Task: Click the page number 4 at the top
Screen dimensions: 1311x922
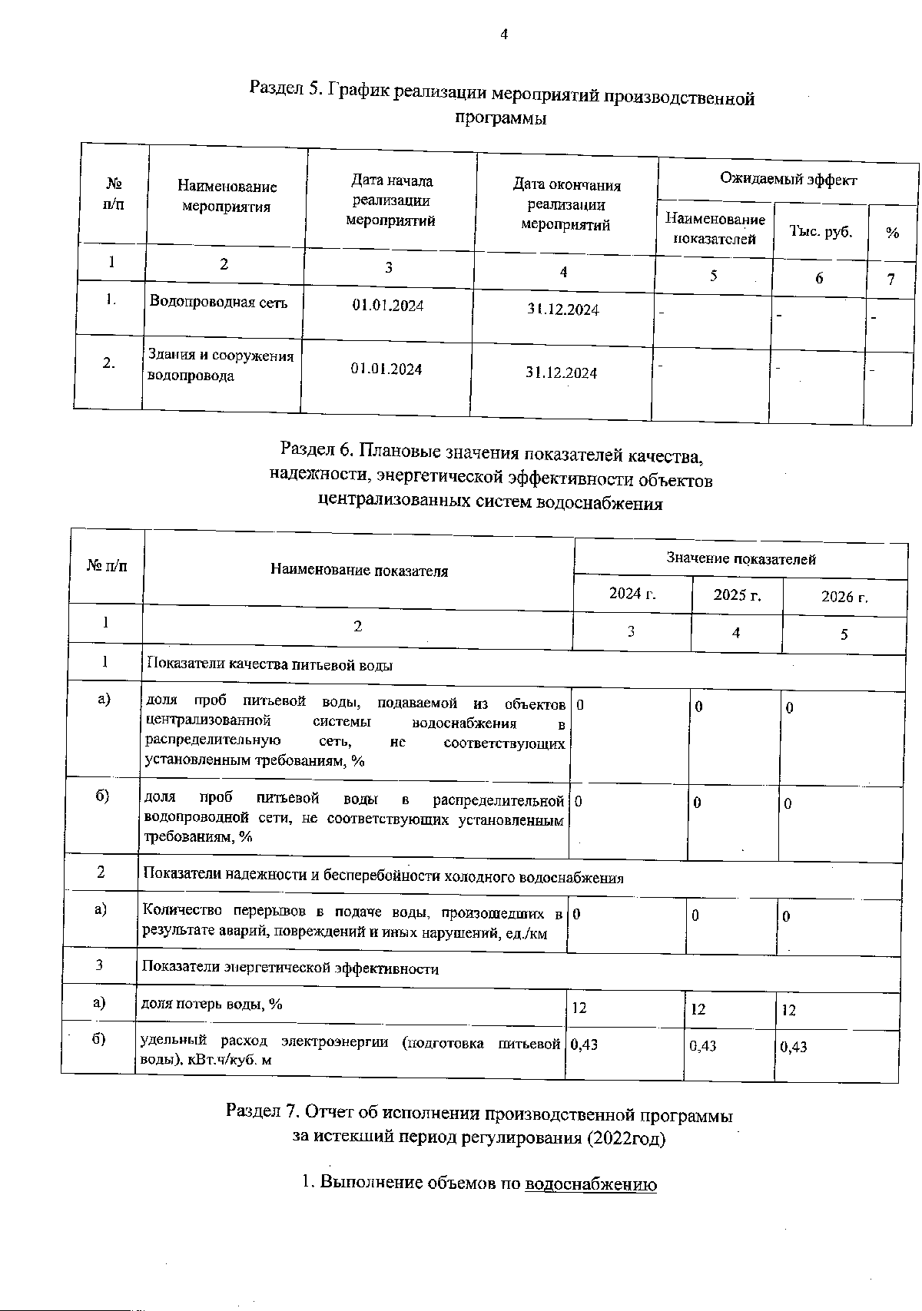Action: [x=504, y=34]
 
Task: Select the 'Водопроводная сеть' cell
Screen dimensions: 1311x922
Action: [x=218, y=302]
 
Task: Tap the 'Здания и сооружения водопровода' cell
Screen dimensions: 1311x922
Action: [x=221, y=366]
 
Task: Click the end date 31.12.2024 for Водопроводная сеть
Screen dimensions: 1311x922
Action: [x=563, y=310]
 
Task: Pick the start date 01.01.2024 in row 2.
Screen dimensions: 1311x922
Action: [x=386, y=369]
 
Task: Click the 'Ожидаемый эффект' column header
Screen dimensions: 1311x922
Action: [x=788, y=179]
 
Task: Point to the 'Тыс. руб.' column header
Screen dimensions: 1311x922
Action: [x=820, y=230]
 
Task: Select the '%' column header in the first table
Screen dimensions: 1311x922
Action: [x=892, y=233]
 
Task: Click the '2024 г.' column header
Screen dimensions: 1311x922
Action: [x=632, y=593]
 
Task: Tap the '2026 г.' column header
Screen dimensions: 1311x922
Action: [x=844, y=597]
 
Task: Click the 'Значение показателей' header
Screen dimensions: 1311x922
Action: [x=741, y=559]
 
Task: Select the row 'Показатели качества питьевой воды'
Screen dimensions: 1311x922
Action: [x=270, y=665]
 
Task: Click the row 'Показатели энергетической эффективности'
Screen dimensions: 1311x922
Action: [x=290, y=968]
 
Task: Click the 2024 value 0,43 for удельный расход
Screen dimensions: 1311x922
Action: [x=585, y=1044]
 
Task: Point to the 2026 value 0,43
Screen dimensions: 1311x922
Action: [x=794, y=1047]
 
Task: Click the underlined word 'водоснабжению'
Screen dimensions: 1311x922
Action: [x=591, y=1184]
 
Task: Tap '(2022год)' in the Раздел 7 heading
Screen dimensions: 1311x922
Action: [x=625, y=1138]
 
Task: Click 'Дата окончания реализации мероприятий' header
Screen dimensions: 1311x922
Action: [x=566, y=205]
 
